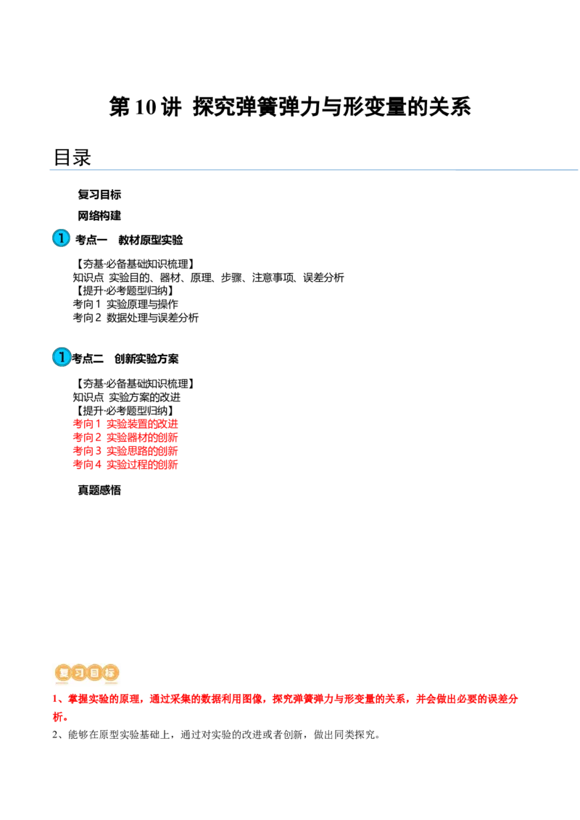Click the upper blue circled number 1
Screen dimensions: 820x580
point(62,238)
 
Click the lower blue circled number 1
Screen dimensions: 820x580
point(62,357)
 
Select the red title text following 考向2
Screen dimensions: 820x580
point(142,438)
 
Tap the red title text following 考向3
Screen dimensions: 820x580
point(142,451)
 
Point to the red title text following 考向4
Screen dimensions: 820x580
point(142,465)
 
